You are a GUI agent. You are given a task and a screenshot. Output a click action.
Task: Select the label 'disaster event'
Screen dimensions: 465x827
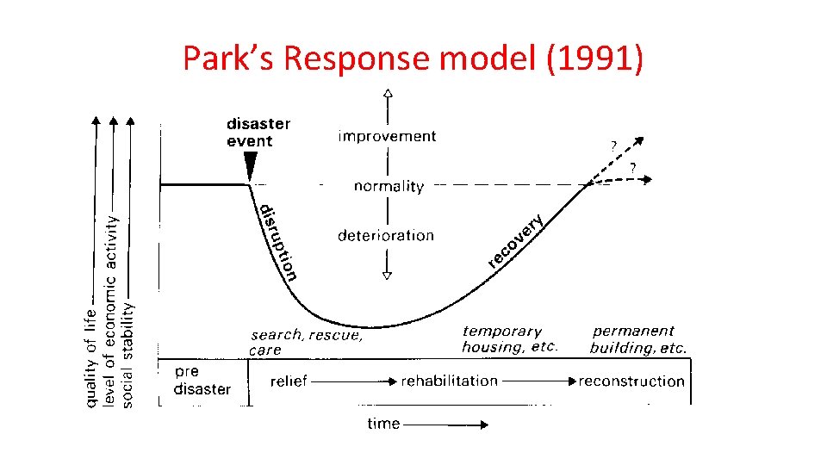coord(258,132)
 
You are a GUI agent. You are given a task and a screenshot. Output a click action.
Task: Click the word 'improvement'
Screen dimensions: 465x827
coord(387,136)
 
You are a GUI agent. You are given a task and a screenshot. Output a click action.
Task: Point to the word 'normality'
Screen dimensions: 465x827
coord(389,186)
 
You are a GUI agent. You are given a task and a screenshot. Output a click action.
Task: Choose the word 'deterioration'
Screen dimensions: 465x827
coord(386,235)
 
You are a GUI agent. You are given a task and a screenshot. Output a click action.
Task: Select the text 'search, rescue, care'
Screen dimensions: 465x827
coord(307,342)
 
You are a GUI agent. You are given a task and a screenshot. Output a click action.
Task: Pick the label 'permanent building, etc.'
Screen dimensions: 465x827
coord(638,339)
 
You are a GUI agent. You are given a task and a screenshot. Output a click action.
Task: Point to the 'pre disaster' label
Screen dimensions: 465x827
coord(202,380)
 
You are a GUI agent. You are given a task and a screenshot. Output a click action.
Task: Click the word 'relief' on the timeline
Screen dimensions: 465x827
coord(289,381)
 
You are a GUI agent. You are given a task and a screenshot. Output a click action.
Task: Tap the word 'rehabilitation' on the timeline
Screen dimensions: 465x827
coord(449,381)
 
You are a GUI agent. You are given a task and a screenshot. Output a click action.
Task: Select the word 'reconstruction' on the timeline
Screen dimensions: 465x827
coord(631,381)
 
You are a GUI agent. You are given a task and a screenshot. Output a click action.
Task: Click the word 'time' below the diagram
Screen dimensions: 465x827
coord(383,424)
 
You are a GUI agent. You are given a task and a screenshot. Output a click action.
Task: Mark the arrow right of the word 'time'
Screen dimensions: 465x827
coord(445,424)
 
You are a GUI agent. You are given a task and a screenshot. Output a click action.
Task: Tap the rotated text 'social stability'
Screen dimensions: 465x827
coord(129,353)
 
